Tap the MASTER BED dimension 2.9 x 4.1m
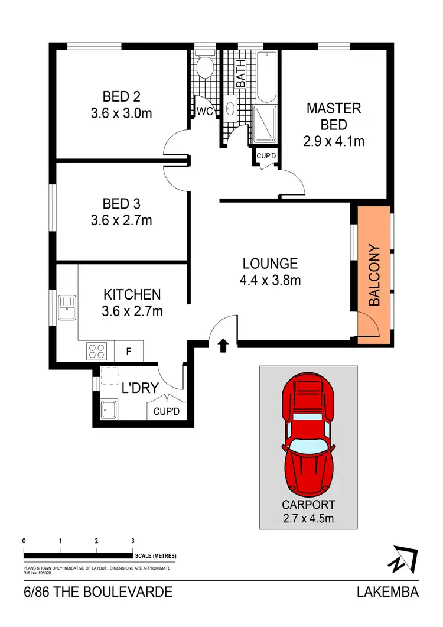point(334,141)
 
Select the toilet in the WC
point(205,67)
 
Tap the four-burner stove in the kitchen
point(97,352)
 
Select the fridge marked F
point(128,352)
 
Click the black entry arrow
point(223,346)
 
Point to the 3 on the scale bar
point(132,541)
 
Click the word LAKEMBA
point(387,592)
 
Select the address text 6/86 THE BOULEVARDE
point(98,592)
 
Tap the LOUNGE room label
point(270,264)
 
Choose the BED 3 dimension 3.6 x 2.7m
point(121,220)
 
